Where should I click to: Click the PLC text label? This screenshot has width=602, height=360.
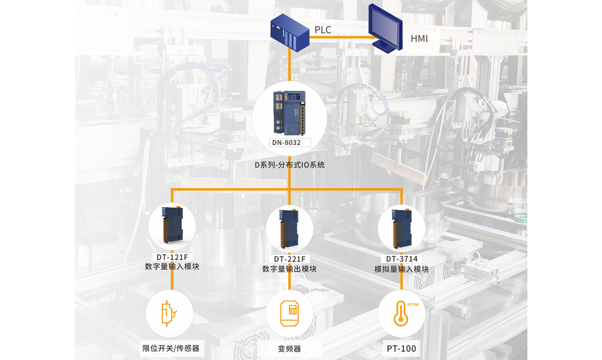[x=323, y=29]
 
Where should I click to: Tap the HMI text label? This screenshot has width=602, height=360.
[x=419, y=39]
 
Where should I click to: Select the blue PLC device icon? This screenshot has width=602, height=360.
[x=290, y=33]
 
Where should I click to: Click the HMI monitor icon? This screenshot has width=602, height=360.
[x=386, y=28]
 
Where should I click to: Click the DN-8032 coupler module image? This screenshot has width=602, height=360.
[x=290, y=113]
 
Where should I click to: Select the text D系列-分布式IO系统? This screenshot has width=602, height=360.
[x=290, y=164]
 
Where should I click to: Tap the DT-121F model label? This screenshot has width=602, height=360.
[x=172, y=257]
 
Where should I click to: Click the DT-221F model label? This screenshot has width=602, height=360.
[x=290, y=259]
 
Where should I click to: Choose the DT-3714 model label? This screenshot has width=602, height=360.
[x=402, y=259]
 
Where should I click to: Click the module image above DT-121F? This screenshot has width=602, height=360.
[x=173, y=227]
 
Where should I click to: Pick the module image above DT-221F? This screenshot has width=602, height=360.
[x=290, y=229]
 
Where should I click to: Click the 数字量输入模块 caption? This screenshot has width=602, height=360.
[x=172, y=267]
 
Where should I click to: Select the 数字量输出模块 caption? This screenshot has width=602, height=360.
[x=290, y=269]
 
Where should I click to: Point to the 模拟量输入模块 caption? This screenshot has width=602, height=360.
[x=402, y=269]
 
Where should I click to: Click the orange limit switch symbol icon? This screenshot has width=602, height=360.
[x=170, y=314]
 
